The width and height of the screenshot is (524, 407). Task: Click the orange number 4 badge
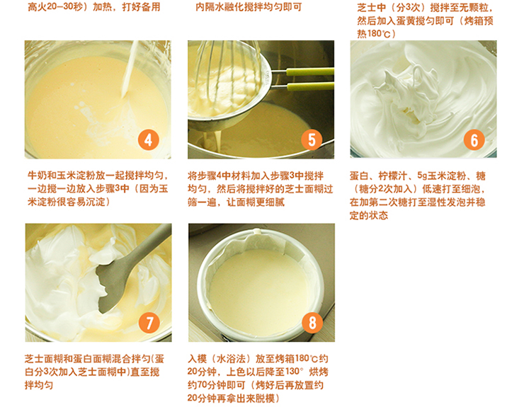click(x=148, y=140)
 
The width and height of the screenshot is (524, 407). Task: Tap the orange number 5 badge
click(x=312, y=140)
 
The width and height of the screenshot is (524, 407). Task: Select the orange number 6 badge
click(x=474, y=140)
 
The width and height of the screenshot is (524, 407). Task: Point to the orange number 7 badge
click(x=149, y=323)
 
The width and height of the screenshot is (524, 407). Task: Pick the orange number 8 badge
click(x=312, y=323)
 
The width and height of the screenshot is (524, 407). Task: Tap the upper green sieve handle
click(x=310, y=71)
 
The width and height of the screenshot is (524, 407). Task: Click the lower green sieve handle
click(x=310, y=86)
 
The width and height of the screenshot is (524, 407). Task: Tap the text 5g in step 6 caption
click(x=422, y=176)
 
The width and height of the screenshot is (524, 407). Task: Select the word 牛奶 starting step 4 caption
click(x=35, y=176)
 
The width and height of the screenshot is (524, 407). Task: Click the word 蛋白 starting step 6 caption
click(x=357, y=176)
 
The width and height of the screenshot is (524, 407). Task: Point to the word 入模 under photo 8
click(x=195, y=359)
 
